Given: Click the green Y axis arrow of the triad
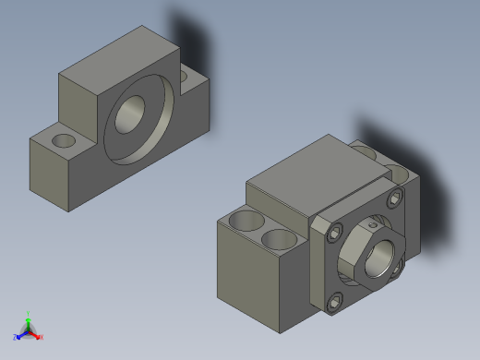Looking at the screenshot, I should (28, 317).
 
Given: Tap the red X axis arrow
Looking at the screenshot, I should (39, 337).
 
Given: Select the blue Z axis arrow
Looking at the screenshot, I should (18, 337).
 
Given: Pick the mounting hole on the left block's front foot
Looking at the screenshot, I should (65, 140).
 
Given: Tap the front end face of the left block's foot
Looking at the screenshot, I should (50, 175).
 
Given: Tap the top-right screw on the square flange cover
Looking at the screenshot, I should (396, 198).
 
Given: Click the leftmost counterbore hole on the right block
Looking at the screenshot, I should (246, 222).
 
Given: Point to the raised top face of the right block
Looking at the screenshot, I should (305, 171).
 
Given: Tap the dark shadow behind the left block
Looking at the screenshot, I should (190, 37).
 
